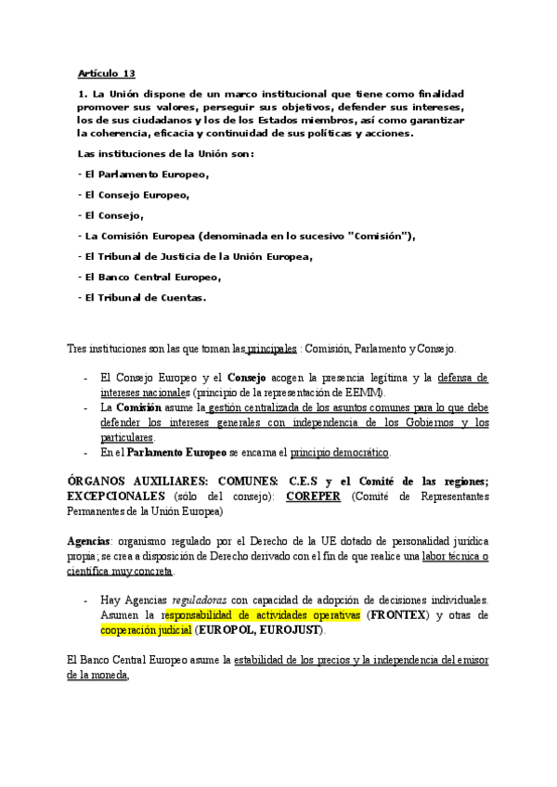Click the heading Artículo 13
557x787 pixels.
(x=106, y=73)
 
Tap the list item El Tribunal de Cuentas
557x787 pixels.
(x=144, y=298)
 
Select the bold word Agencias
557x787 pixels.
(x=89, y=540)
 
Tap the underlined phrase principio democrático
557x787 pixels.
(x=340, y=453)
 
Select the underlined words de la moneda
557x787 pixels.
(x=97, y=676)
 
